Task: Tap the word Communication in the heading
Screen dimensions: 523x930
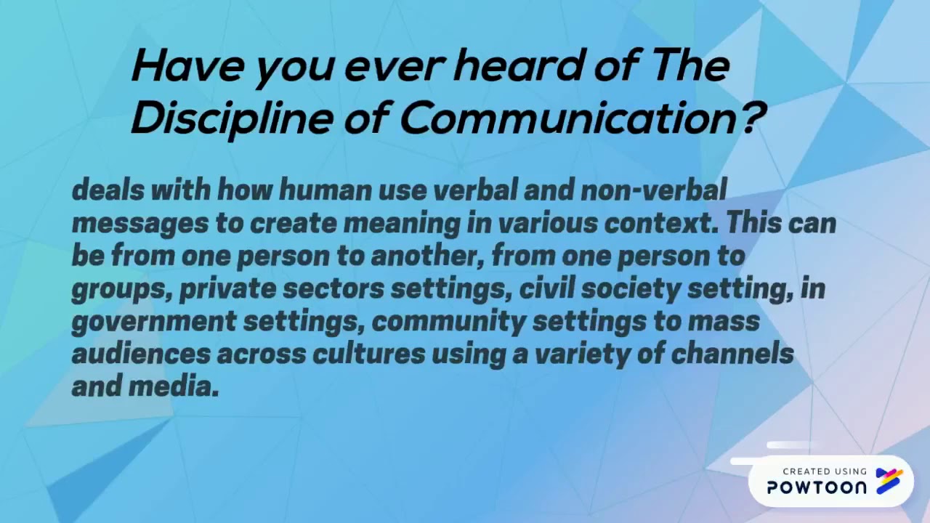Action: [567, 117]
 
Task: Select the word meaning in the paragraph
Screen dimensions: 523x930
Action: [401, 223]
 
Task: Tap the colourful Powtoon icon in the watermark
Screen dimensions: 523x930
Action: [889, 481]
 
